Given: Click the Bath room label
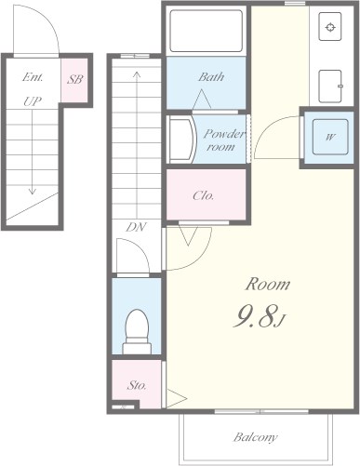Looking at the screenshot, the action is [x=211, y=76].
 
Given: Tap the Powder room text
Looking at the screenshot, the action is [x=224, y=140].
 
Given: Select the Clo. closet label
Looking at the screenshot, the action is [x=203, y=195].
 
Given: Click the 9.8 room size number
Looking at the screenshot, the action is [x=255, y=316].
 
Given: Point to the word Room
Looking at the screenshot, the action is [x=268, y=284].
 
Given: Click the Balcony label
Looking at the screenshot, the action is [x=255, y=437].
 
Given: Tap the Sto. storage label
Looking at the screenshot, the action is [x=137, y=385].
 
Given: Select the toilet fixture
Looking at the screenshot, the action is [x=137, y=331].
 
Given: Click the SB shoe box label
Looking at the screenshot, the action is [x=75, y=79].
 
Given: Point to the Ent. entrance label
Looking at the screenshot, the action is [x=33, y=77].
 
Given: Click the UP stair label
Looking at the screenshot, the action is [x=33, y=101].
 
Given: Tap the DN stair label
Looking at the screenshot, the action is [x=136, y=227].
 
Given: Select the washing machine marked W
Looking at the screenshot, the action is [x=330, y=137].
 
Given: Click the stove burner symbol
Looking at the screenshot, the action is [x=330, y=27].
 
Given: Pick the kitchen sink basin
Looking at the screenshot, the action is [x=330, y=86].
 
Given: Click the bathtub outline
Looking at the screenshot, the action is [x=207, y=31].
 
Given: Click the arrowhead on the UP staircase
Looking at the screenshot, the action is [x=32, y=191].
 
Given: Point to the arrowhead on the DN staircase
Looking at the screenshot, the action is [x=137, y=74].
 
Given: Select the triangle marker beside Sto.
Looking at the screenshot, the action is [x=176, y=398].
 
